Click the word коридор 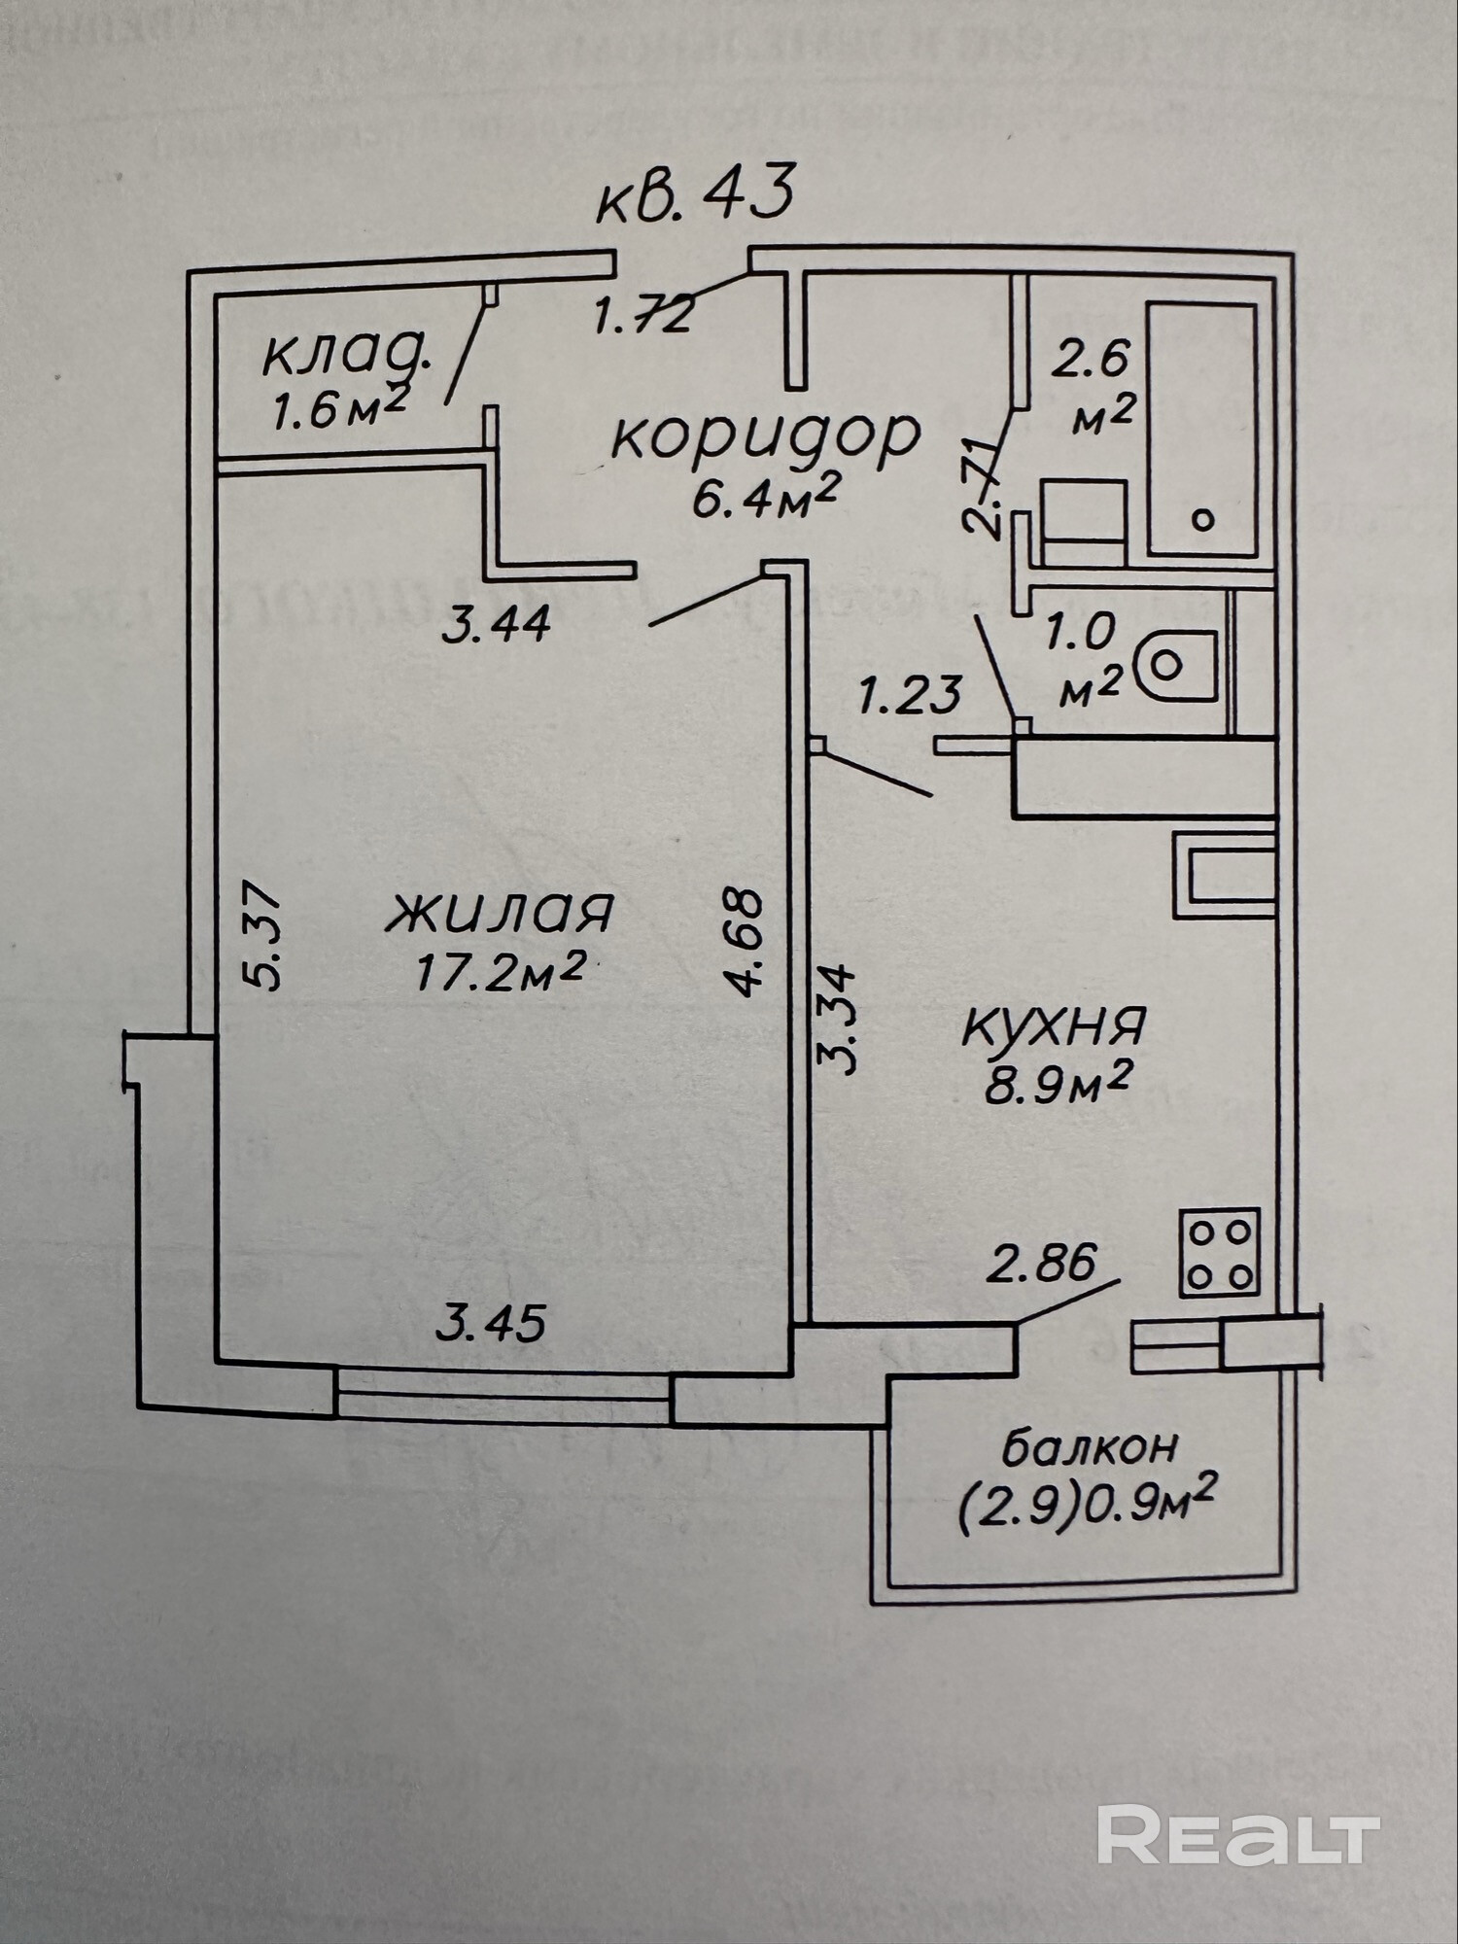coord(764,436)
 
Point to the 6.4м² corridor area coord(764,500)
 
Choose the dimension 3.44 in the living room coord(496,624)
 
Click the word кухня coord(1055,1026)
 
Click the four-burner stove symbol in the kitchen coord(1220,1253)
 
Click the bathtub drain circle coord(1203,520)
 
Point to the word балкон coord(1089,1448)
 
